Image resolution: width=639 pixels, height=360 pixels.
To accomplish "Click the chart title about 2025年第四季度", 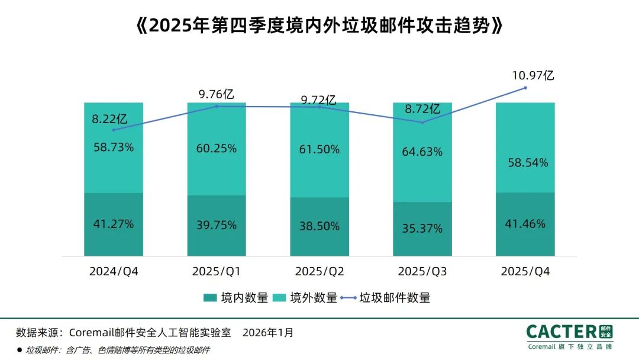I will [319, 25].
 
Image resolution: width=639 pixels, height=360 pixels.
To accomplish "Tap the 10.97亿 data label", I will [532, 75].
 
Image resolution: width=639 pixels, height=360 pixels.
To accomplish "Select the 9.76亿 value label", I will [216, 94].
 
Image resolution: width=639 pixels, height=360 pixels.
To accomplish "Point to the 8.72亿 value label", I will [422, 110].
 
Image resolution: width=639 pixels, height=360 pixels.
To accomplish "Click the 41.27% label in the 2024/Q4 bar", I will [113, 224].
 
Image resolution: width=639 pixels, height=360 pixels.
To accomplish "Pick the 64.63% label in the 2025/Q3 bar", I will [422, 152].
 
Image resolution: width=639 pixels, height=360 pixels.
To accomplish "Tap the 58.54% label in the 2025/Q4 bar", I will [525, 162].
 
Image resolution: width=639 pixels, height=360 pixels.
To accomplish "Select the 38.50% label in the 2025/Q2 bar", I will [319, 226].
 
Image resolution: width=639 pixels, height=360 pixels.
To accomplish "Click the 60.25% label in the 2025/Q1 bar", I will [216, 149].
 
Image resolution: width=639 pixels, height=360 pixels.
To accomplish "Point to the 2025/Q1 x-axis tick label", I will [216, 271].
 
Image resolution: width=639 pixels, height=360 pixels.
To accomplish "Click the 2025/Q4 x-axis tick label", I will [525, 271].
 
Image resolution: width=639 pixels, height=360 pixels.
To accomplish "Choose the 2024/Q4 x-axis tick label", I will [113, 271].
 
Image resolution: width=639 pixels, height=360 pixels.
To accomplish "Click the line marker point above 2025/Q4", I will [525, 88].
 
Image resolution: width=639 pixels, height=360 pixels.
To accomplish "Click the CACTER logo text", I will [561, 332].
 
